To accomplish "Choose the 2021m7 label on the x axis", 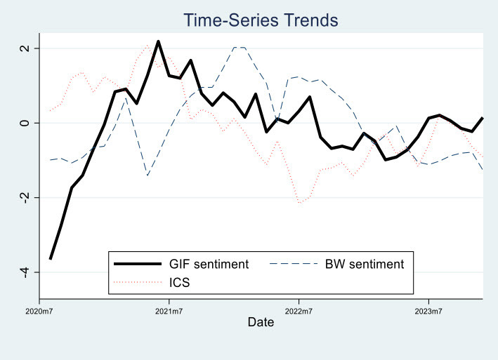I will (x=169, y=309).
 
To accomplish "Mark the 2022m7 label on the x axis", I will (x=299, y=309).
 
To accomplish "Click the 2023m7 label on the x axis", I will (x=429, y=309).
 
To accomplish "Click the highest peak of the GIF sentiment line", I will (x=158, y=41).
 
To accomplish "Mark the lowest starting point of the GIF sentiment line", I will (x=50, y=259).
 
